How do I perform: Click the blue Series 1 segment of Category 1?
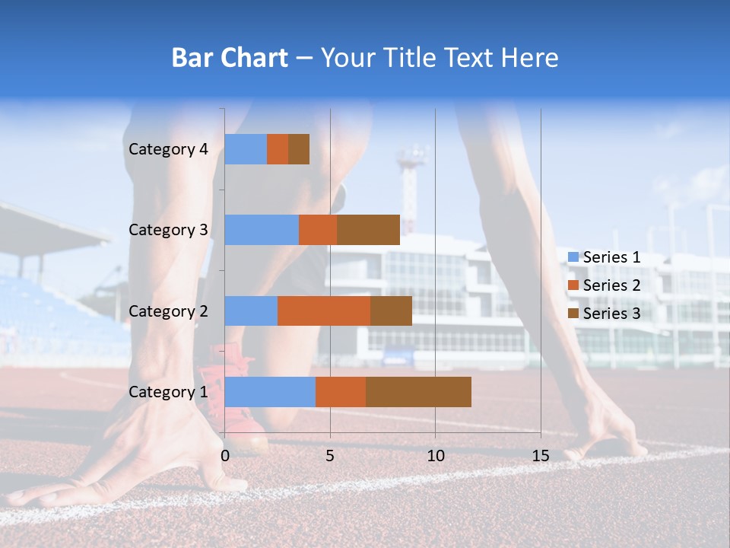[x=270, y=391]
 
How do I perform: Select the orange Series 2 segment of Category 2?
[x=324, y=311]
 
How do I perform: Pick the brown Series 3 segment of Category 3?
[x=368, y=230]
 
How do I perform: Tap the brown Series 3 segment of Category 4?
[x=299, y=149]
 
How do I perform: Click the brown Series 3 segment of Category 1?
[x=418, y=391]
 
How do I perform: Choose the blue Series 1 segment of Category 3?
[x=262, y=230]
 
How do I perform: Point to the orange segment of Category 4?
[x=278, y=149]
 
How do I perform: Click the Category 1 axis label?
[x=168, y=392]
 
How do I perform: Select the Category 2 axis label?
[x=168, y=311]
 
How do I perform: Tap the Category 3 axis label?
[x=168, y=230]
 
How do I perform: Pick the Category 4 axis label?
[x=168, y=149]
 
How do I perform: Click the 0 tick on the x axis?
[x=225, y=456]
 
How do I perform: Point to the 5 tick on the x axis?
[x=330, y=456]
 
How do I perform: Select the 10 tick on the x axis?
[x=435, y=456]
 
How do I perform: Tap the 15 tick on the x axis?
[x=540, y=456]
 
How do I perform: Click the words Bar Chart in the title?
[x=229, y=58]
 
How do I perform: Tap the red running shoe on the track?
[x=241, y=426]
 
